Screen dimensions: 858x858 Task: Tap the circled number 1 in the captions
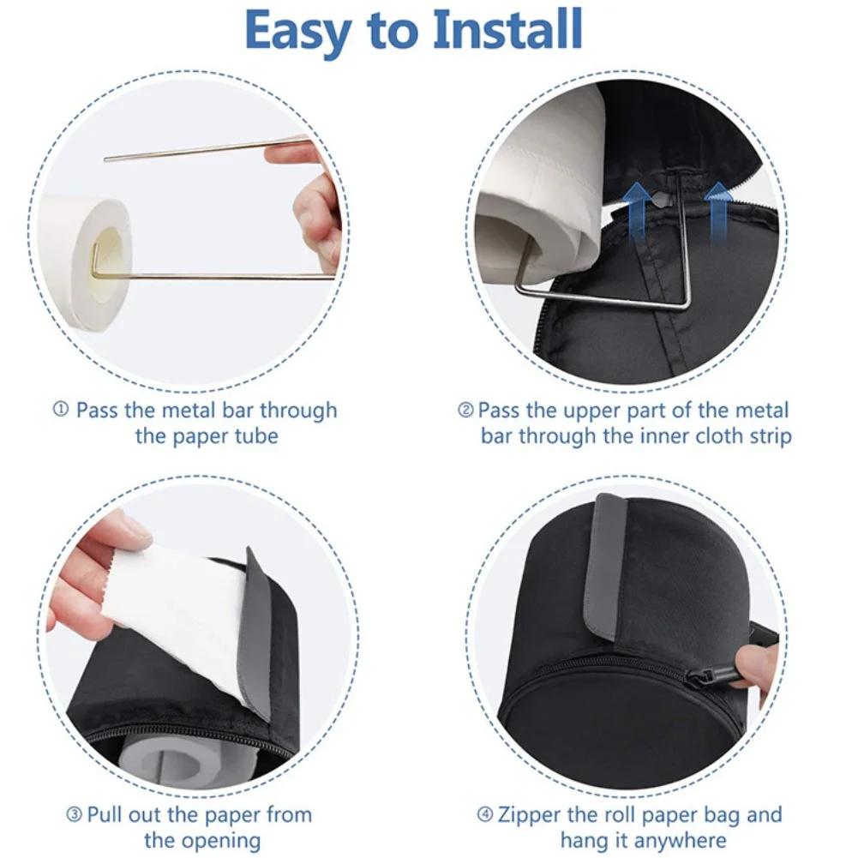point(61,410)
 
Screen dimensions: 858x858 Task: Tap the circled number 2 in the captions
point(465,411)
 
